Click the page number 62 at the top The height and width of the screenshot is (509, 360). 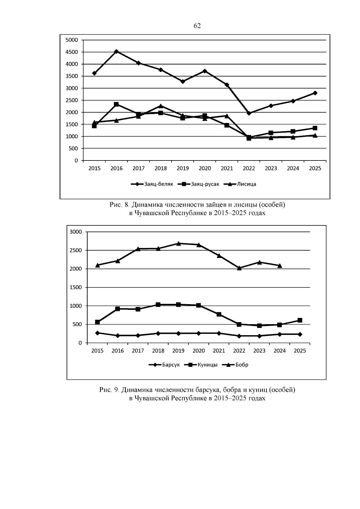coord(197,26)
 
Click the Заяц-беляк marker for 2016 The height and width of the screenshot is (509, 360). coord(116,51)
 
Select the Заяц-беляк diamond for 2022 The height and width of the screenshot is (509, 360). coord(249,113)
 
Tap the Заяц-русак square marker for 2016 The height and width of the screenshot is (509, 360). coord(116,104)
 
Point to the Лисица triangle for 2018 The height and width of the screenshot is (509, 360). coord(161,106)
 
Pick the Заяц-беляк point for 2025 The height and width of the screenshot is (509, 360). coord(315,93)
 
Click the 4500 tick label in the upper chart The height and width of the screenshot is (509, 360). coord(72,52)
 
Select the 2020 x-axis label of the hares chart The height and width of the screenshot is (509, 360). coord(205,168)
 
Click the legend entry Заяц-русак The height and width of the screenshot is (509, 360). coord(198,184)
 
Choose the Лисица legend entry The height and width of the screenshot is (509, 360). coord(240,184)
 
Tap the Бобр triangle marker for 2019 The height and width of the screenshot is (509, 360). coord(178,243)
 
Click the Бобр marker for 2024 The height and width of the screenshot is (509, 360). coord(280,265)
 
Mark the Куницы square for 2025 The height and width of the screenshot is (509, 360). coord(300,320)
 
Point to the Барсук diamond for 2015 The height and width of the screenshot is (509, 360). coord(97,333)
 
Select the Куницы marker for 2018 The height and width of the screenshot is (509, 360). coord(158,304)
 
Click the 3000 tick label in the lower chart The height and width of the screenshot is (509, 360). coord(76,232)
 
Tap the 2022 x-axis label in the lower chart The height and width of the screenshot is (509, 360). coord(239,351)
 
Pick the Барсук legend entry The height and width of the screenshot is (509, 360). coord(164,365)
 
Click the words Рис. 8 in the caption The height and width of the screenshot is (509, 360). coord(119,205)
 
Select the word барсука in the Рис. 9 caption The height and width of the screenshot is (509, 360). coord(208,390)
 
